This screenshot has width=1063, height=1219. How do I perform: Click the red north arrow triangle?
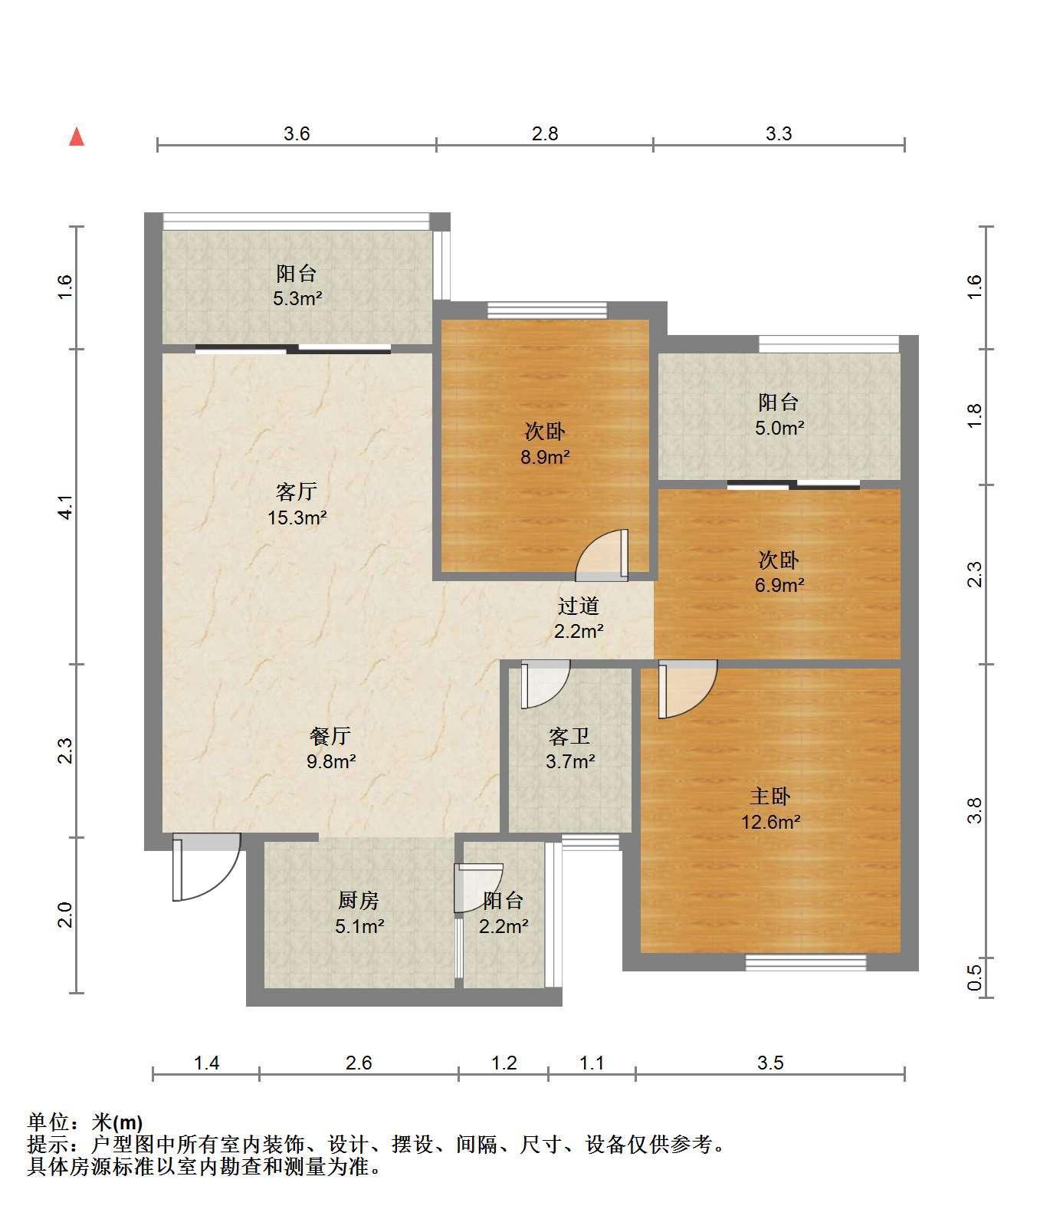click(x=77, y=137)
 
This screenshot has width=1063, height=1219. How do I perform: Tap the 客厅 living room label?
click(x=296, y=491)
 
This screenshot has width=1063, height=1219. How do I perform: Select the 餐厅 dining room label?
click(x=330, y=736)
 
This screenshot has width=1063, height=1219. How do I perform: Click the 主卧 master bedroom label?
click(x=770, y=797)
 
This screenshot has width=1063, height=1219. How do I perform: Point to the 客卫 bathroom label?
click(x=569, y=736)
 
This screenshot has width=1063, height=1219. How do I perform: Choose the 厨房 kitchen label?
click(x=359, y=900)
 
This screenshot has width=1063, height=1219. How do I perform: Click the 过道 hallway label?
click(x=578, y=606)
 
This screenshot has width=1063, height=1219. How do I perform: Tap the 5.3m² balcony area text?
click(x=297, y=298)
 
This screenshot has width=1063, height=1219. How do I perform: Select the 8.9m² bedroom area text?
click(x=545, y=458)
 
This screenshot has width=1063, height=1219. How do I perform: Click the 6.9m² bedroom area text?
click(x=779, y=585)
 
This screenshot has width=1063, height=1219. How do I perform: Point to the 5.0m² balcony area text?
click(x=779, y=428)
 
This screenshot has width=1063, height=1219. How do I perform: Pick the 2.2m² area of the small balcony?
click(x=504, y=926)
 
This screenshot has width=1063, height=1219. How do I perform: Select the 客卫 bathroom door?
click(x=545, y=685)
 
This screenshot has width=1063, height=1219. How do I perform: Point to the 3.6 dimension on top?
click(x=297, y=134)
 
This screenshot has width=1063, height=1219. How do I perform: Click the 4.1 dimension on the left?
click(x=65, y=508)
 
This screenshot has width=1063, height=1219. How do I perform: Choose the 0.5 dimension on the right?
click(x=974, y=978)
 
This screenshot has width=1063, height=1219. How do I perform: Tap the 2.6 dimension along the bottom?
click(x=359, y=1063)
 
